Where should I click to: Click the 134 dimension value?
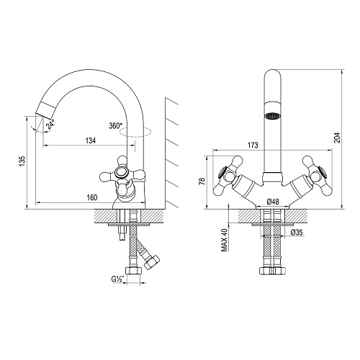click(91, 140)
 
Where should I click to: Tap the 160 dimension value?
click(92, 197)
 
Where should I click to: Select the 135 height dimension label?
click(22, 161)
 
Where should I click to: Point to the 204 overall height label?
click(338, 138)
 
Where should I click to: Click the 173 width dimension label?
click(253, 145)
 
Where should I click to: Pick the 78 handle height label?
click(203, 181)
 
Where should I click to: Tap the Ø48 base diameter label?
click(273, 202)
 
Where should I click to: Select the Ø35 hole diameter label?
click(297, 232)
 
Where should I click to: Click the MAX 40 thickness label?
click(225, 239)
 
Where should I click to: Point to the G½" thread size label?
click(117, 279)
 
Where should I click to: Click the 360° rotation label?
click(116, 125)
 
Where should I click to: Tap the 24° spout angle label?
click(50, 124)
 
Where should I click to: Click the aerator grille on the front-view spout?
click(272, 116)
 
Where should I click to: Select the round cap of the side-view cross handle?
click(121, 172)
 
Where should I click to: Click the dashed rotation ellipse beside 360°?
click(135, 132)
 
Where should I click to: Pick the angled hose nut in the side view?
click(152, 261)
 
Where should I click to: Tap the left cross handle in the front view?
click(228, 175)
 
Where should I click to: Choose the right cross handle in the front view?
click(317, 175)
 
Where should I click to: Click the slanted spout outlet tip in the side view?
click(45, 115)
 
